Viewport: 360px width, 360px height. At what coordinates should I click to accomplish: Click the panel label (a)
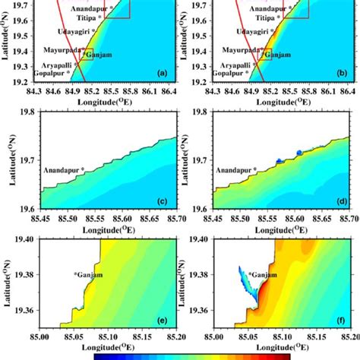point(161,74)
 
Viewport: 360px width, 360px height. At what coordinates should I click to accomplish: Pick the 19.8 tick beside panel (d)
point(201,111)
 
